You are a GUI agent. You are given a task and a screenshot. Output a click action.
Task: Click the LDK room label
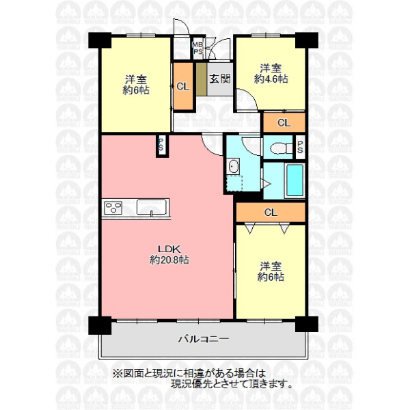[x=169, y=249]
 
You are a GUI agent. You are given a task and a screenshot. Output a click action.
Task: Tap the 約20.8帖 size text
[x=169, y=260]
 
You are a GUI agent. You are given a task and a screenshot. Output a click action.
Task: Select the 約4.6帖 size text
[x=271, y=79]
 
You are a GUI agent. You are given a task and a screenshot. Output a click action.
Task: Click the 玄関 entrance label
[x=219, y=79]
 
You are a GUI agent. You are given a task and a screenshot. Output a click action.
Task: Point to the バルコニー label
[x=204, y=340]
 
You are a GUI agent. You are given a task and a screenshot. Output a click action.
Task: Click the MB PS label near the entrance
[x=198, y=48]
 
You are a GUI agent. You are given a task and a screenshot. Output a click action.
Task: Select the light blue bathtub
[x=295, y=180]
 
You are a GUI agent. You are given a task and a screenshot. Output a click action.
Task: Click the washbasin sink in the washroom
[x=233, y=166]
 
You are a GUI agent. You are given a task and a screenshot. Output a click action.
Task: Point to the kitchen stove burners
[x=113, y=208]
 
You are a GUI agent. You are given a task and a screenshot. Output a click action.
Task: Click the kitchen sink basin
[x=152, y=207]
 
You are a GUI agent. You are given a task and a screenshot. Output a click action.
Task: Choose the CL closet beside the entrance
[x=183, y=86]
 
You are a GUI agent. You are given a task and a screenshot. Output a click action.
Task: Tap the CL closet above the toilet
[x=284, y=122]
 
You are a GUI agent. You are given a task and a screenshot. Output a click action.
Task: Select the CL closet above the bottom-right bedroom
[x=271, y=212]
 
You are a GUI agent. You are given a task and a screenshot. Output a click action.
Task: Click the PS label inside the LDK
[x=161, y=145]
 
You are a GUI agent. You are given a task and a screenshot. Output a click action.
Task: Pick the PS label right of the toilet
[x=300, y=147]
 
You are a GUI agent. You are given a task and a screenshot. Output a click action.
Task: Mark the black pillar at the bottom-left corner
[x=100, y=325]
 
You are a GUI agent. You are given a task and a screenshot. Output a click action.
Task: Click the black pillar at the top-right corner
[x=307, y=40]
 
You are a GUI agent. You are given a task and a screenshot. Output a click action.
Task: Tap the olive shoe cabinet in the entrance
[x=202, y=79]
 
